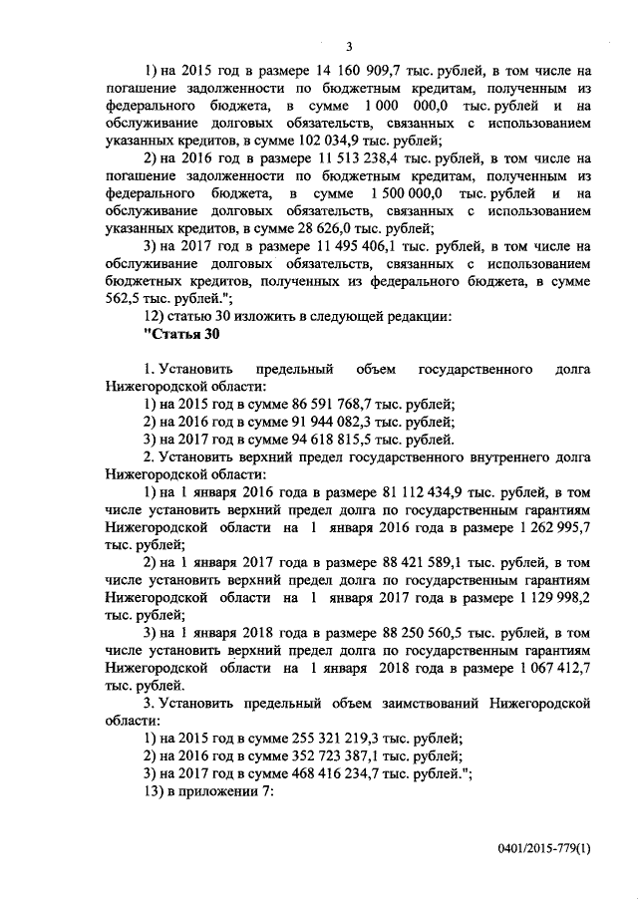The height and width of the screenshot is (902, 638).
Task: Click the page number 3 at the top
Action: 349,45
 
